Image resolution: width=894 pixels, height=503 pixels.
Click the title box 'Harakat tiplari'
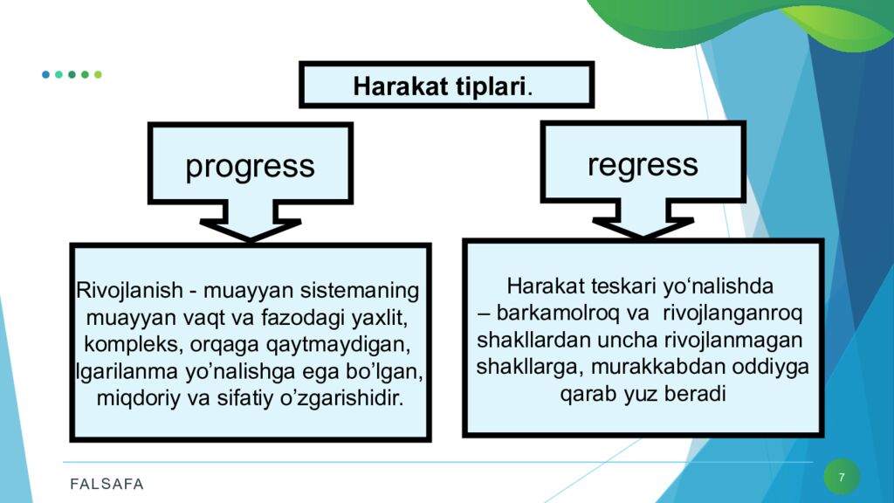click(x=446, y=85)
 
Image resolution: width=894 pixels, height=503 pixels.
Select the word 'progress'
click(x=250, y=167)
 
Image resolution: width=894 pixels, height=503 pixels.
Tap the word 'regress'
click(x=643, y=165)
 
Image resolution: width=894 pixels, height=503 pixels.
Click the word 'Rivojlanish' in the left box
click(x=129, y=290)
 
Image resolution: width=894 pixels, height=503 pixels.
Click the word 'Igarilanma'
click(x=127, y=371)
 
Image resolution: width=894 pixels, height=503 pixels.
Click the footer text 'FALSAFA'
click(x=107, y=484)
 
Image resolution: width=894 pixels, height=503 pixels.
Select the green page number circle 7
click(x=842, y=477)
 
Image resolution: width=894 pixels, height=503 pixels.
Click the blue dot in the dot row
click(x=45, y=75)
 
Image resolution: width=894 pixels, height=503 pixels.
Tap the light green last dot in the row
click(x=98, y=75)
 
